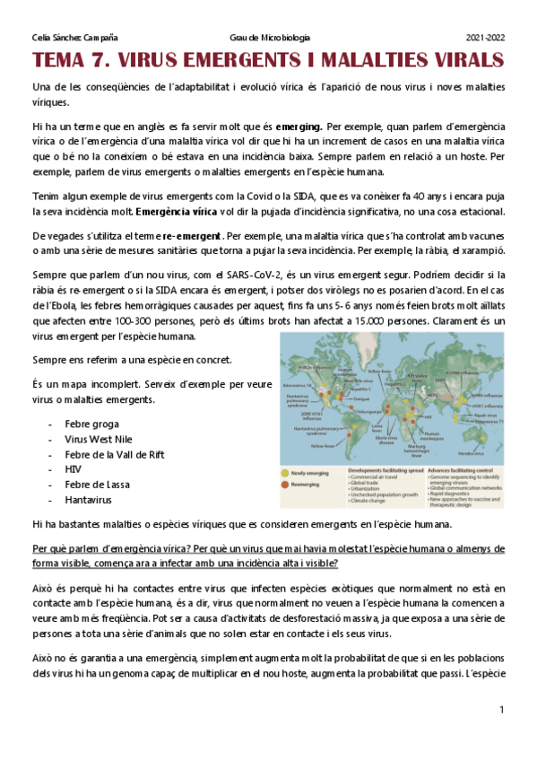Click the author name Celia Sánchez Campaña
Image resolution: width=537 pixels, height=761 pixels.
click(x=74, y=38)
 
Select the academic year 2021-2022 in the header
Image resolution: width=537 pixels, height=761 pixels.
click(x=485, y=38)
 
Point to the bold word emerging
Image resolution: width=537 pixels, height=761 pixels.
click(x=299, y=127)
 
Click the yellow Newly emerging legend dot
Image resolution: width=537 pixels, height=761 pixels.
click(x=287, y=469)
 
